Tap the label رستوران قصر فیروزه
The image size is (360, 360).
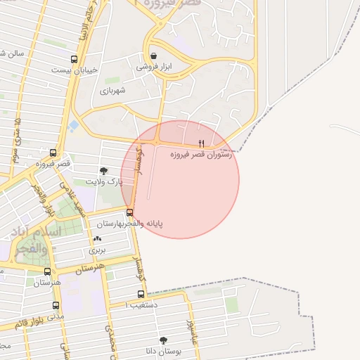(x=201, y=155)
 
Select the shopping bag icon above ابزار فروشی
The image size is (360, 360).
(x=153, y=56)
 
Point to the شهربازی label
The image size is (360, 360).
(x=112, y=91)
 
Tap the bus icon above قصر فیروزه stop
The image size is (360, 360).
(x=53, y=153)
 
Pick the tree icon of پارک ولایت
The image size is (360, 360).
(x=104, y=171)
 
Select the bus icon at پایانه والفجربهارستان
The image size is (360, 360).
(x=129, y=213)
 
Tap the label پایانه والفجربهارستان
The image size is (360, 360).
(x=129, y=224)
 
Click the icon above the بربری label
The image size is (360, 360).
(x=97, y=239)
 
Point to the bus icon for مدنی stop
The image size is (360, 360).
(x=56, y=305)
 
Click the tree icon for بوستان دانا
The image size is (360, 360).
(x=164, y=340)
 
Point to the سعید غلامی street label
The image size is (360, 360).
(x=74, y=198)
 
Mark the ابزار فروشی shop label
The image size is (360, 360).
(x=153, y=67)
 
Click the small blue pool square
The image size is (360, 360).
(x=74, y=125)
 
